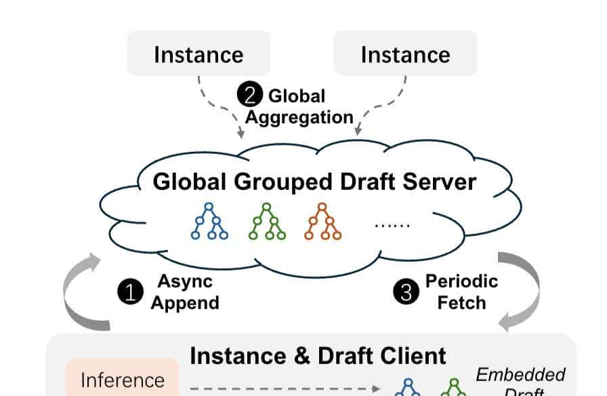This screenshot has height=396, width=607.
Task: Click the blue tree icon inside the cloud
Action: point(209,221)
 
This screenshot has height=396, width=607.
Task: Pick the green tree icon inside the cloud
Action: point(267,221)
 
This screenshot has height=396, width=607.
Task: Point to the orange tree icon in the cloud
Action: point(322,221)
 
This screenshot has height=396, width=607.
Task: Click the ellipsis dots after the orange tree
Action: point(392,224)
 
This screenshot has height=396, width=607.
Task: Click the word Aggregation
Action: point(299,117)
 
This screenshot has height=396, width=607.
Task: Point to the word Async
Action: point(185,281)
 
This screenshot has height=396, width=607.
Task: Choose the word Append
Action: point(185,302)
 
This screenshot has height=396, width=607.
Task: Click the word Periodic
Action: point(461,281)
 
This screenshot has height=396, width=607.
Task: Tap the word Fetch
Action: point(461,302)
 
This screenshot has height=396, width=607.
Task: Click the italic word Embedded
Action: point(520,374)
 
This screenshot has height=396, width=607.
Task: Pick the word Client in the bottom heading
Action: point(413,355)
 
